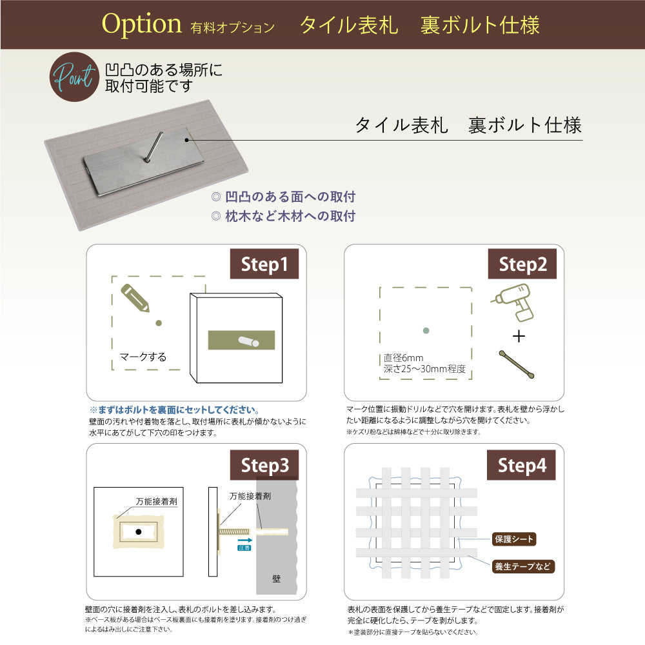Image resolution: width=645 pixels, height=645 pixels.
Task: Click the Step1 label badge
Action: [264, 264]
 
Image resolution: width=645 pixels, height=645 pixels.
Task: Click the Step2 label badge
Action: [522, 264]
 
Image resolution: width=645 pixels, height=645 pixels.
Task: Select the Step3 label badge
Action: [264, 465]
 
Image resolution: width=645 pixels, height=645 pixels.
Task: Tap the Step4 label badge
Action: [522, 465]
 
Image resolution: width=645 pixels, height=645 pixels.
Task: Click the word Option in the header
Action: [142, 25]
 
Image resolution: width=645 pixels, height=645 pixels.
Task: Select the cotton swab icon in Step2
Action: [517, 364]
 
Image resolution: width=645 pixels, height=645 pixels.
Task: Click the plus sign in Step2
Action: [519, 336]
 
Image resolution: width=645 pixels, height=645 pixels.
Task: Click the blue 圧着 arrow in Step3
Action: [244, 542]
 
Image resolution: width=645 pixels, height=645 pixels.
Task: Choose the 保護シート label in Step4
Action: [513, 539]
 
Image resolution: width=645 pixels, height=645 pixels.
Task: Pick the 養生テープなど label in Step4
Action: [523, 567]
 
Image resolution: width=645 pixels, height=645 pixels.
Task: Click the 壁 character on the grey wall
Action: [277, 579]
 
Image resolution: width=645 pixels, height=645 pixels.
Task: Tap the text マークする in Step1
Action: [143, 357]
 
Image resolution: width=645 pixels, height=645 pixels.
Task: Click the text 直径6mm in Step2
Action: [404, 358]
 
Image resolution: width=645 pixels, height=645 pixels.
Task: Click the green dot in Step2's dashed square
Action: [425, 331]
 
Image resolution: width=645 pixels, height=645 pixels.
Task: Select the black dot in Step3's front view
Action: [138, 531]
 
